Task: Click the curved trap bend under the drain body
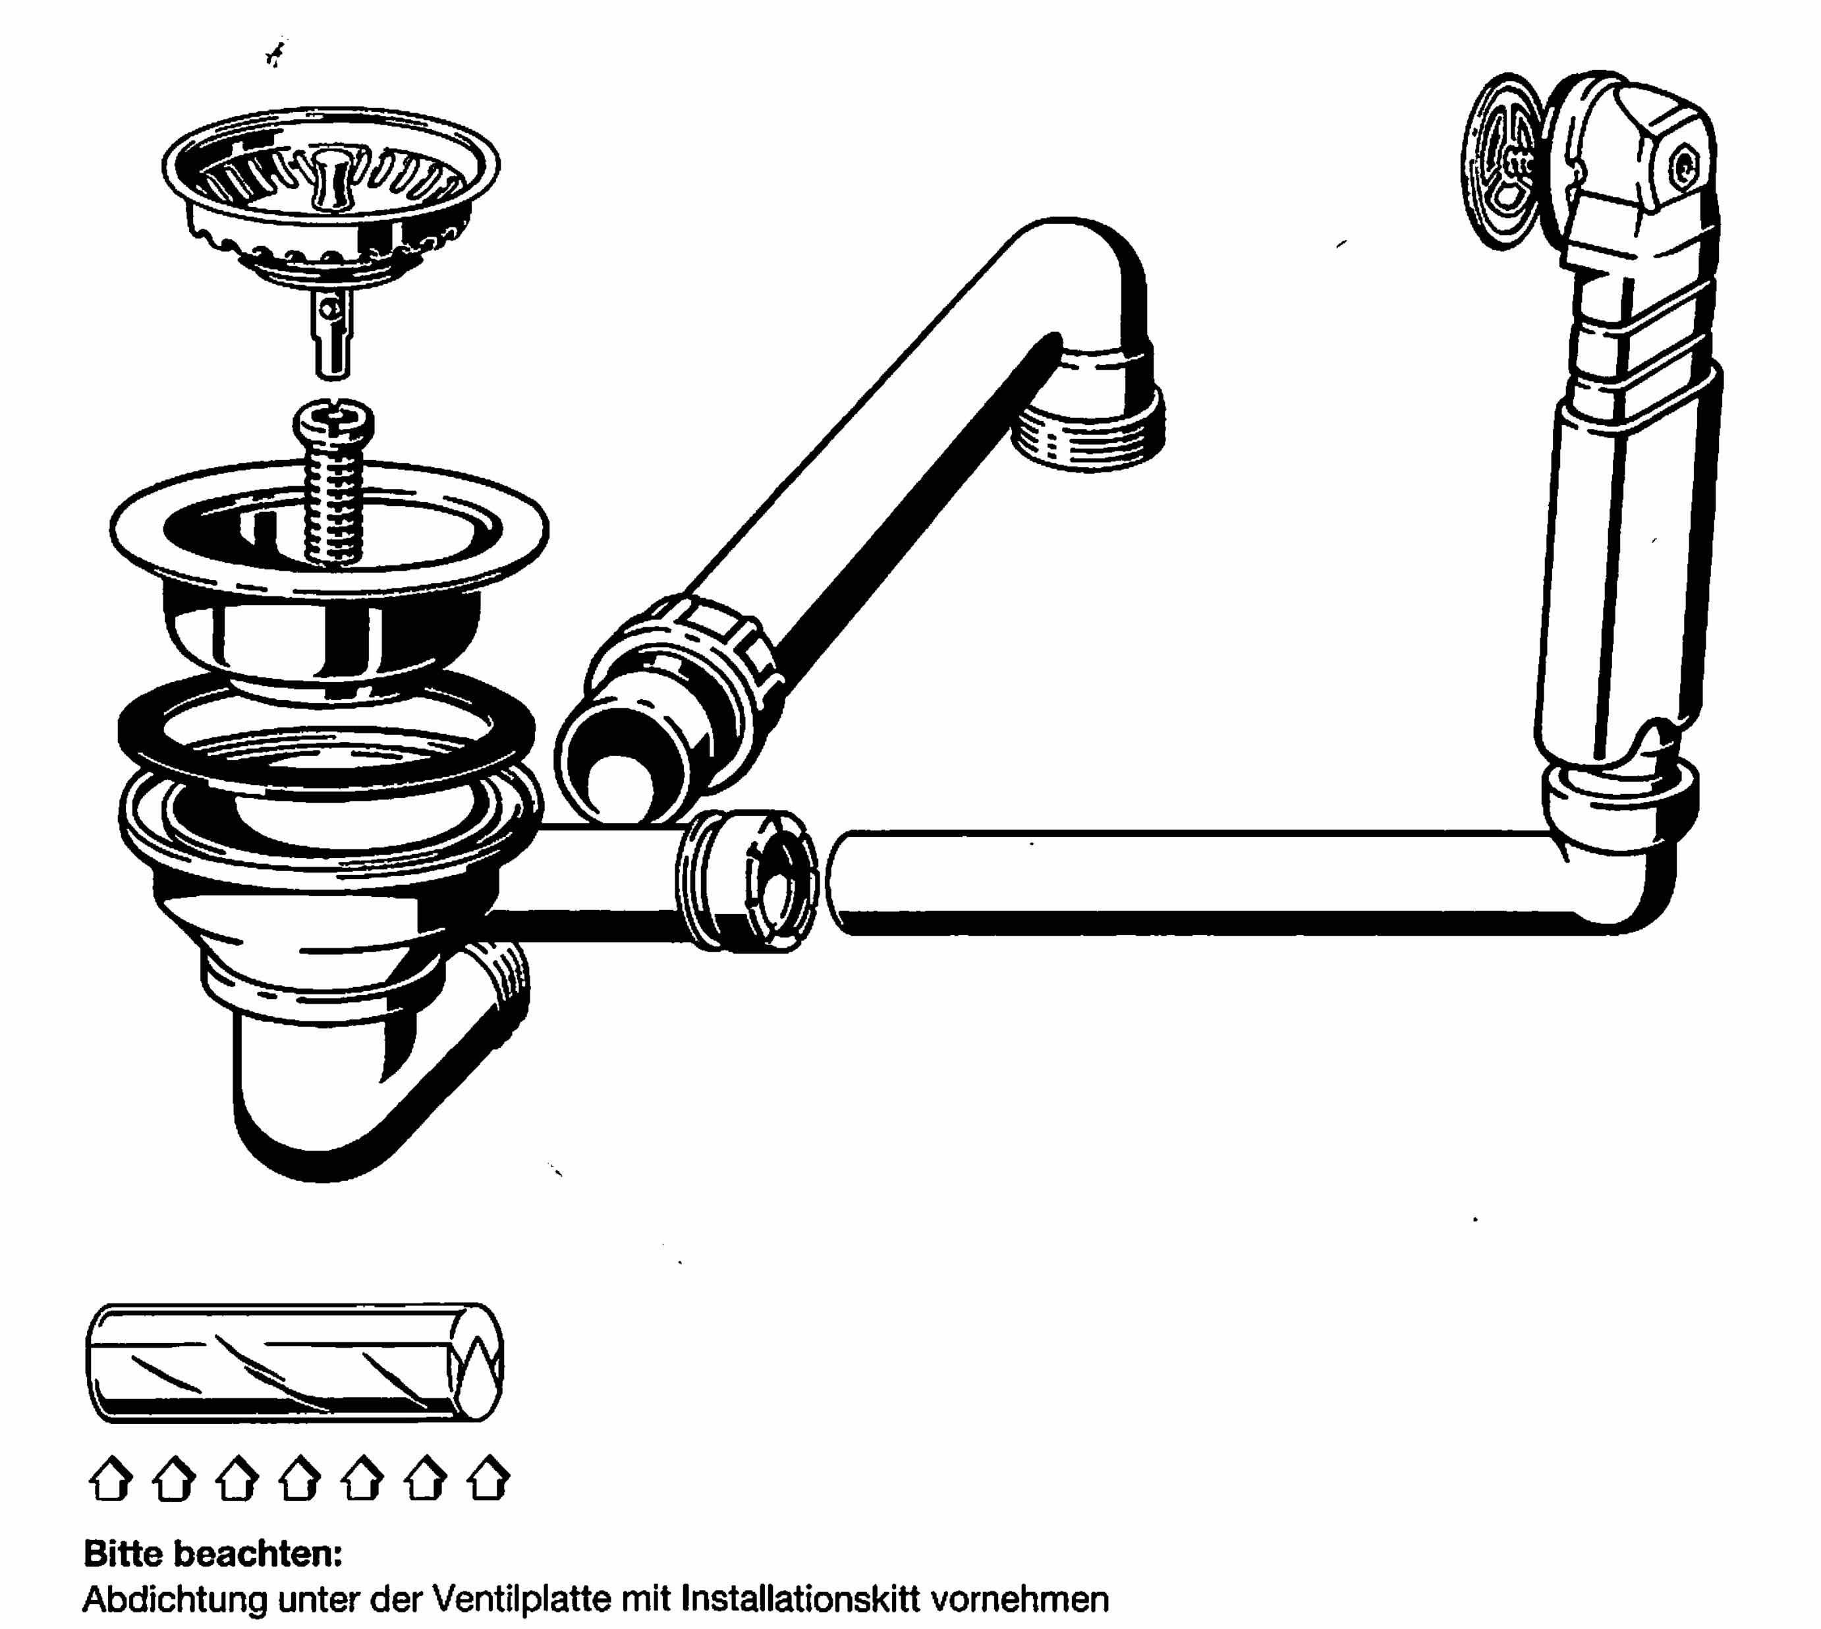point(358,1074)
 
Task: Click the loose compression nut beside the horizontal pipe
point(748,881)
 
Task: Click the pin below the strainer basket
point(333,331)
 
